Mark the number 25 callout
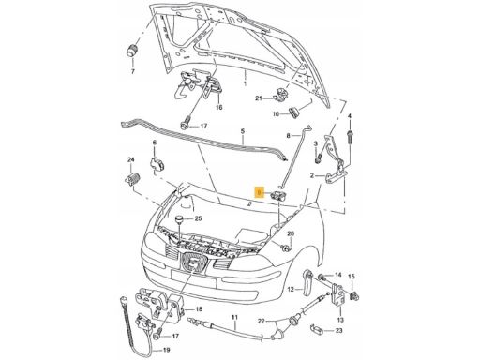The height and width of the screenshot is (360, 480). pos(198,219)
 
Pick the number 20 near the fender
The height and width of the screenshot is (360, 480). pos(291,233)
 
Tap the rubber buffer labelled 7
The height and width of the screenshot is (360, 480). pos(131,50)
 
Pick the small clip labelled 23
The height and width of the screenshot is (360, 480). pos(320,328)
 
